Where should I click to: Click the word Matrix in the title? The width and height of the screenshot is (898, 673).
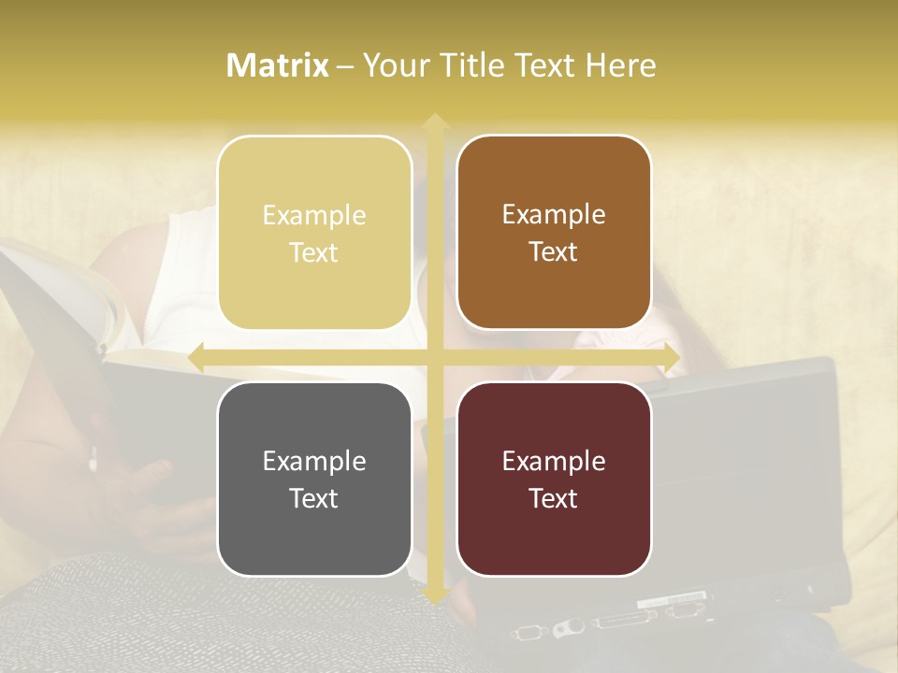278,65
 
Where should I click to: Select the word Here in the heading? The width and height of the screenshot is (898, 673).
620,65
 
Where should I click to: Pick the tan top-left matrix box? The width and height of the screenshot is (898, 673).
314,233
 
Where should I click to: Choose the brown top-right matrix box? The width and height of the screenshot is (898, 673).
554,233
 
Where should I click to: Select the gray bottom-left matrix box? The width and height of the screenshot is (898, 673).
314,479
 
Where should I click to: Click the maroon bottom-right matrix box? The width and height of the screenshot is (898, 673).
554,479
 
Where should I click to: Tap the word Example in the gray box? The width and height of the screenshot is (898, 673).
314,461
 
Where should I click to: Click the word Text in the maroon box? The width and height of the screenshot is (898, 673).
554,498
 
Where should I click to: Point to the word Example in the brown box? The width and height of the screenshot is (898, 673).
554,214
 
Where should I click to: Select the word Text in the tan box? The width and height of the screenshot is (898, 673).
314,252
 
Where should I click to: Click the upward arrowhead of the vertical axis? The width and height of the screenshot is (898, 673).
434,122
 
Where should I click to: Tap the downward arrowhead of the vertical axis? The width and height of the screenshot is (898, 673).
434,595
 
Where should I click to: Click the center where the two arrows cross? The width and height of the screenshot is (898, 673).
434,357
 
